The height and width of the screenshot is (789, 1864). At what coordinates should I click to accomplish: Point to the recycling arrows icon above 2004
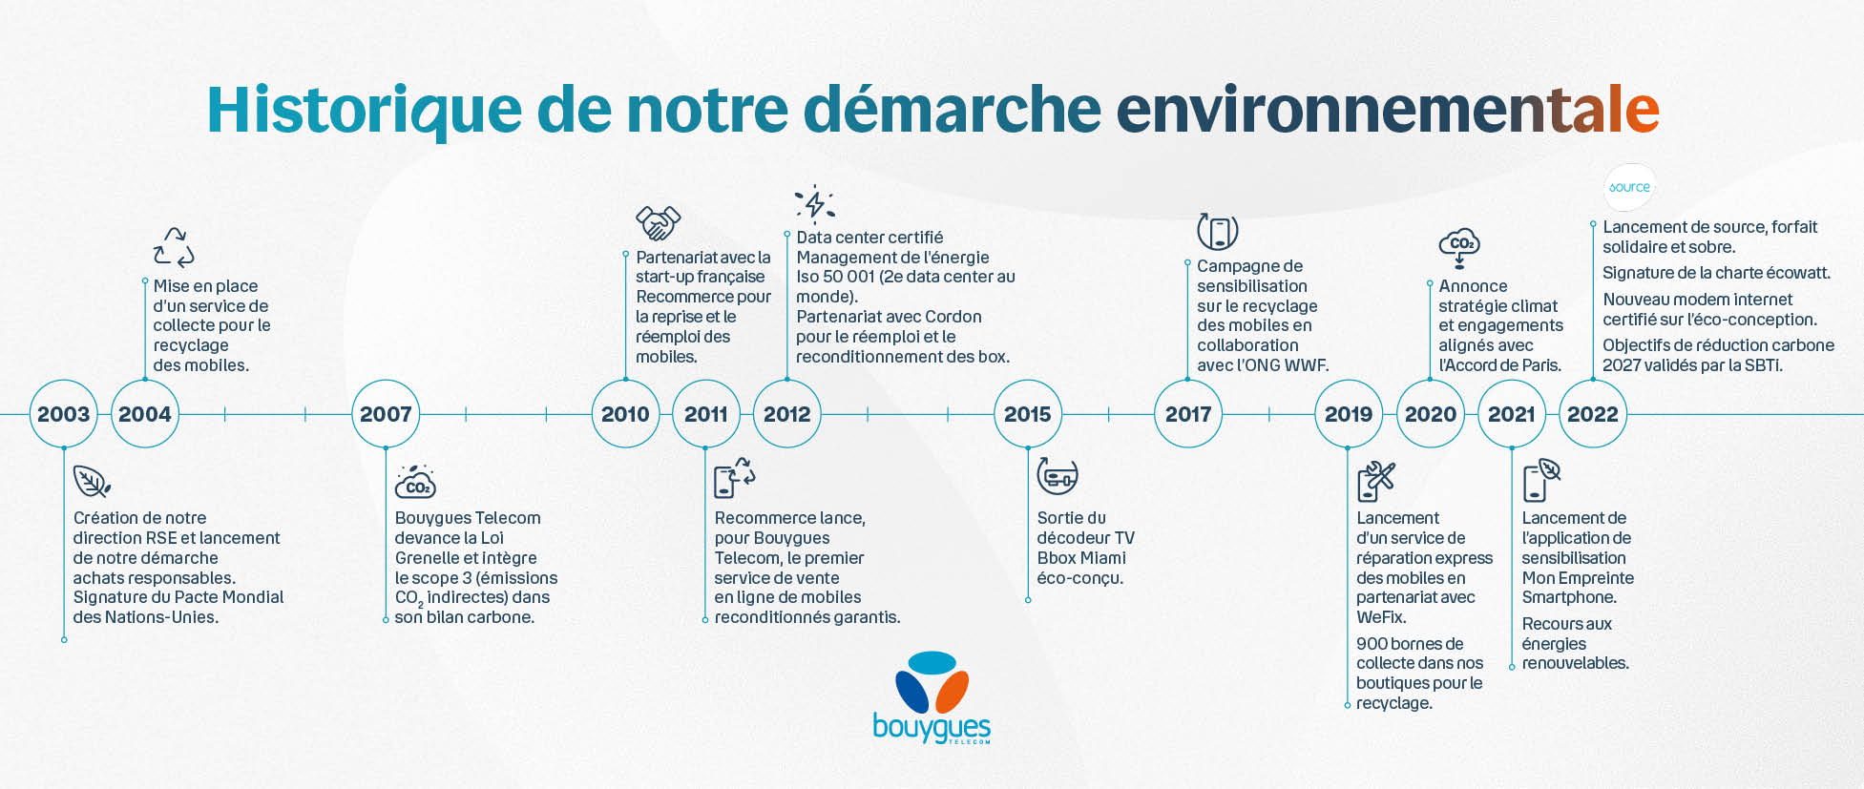point(174,247)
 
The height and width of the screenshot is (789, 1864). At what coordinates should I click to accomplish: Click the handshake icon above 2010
point(659,222)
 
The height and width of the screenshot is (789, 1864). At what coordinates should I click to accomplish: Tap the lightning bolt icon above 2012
point(815,203)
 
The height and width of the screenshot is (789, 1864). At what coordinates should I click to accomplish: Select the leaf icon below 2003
point(92,482)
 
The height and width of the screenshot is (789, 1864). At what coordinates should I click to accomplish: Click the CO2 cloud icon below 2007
point(415,483)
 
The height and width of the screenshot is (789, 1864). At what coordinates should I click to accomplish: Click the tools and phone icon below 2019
point(1376,482)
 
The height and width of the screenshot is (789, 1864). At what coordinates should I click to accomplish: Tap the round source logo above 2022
point(1629,187)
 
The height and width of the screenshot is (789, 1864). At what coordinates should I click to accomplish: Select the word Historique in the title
point(365,110)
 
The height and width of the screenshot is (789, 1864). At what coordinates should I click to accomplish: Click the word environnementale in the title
point(1388,110)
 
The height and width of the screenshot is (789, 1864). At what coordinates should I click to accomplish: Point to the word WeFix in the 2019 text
point(1381,617)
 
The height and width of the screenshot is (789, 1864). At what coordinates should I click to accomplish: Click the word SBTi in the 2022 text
point(1762,365)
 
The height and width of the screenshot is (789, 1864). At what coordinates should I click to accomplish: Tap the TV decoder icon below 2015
point(1058,475)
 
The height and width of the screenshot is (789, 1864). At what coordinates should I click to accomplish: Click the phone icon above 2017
point(1218,231)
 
